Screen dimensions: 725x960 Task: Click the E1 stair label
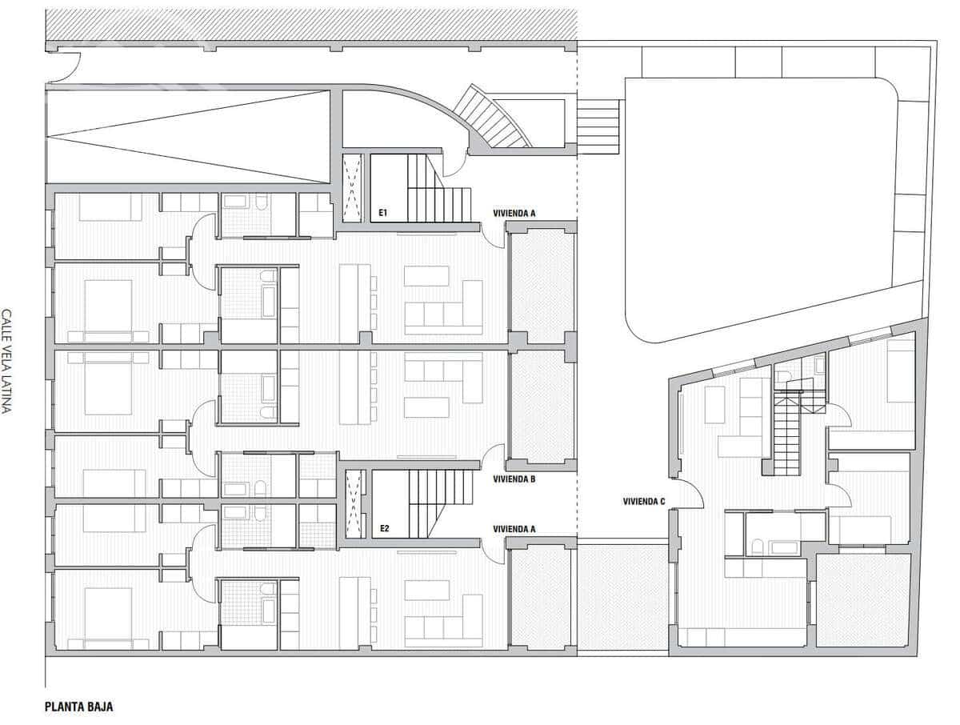click(x=383, y=214)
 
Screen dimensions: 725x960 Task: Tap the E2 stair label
click(x=384, y=529)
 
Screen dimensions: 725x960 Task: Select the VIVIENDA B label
click(x=514, y=479)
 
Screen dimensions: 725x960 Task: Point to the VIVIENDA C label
click(x=644, y=503)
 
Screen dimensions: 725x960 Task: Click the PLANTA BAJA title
click(x=78, y=707)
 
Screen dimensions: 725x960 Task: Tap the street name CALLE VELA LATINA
click(x=7, y=361)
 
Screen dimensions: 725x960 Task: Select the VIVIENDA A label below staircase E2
click(x=514, y=529)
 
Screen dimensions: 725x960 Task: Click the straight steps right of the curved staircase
click(x=598, y=126)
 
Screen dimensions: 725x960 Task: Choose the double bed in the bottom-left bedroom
click(x=108, y=612)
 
